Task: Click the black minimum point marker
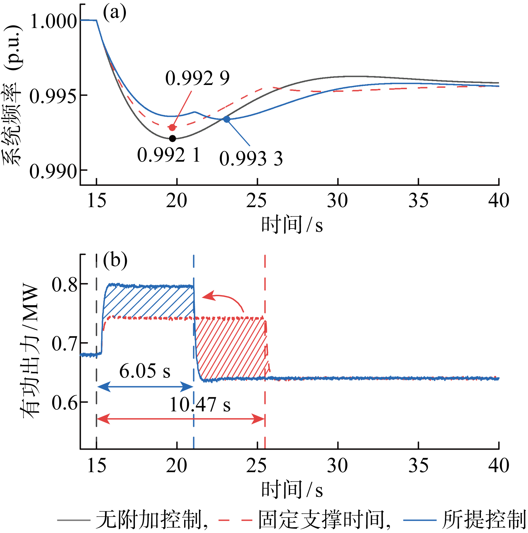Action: [173, 139]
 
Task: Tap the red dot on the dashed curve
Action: [172, 127]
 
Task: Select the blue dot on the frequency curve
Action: [227, 119]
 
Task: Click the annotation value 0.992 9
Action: [197, 78]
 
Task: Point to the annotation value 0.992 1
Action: [169, 155]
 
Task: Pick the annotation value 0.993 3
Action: [251, 159]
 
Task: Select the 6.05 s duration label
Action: [145, 371]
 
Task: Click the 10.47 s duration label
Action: [200, 405]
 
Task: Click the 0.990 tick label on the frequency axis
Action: [53, 171]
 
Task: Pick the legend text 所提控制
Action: [483, 519]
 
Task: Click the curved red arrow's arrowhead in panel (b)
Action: [208, 296]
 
